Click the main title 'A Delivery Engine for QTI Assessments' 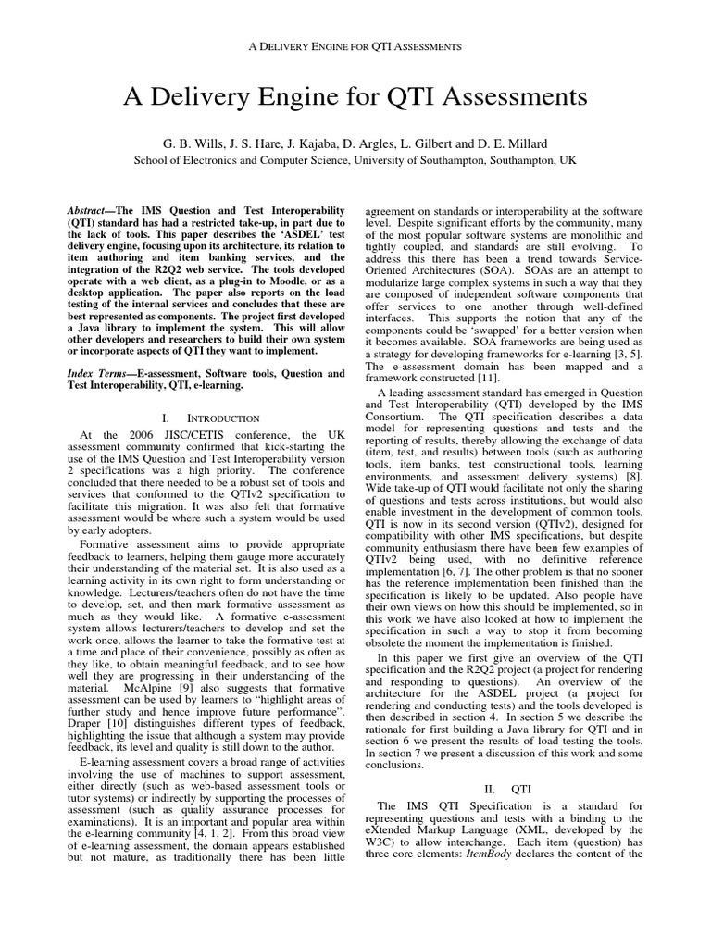click(x=355, y=97)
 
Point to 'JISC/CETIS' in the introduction click(x=181, y=435)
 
